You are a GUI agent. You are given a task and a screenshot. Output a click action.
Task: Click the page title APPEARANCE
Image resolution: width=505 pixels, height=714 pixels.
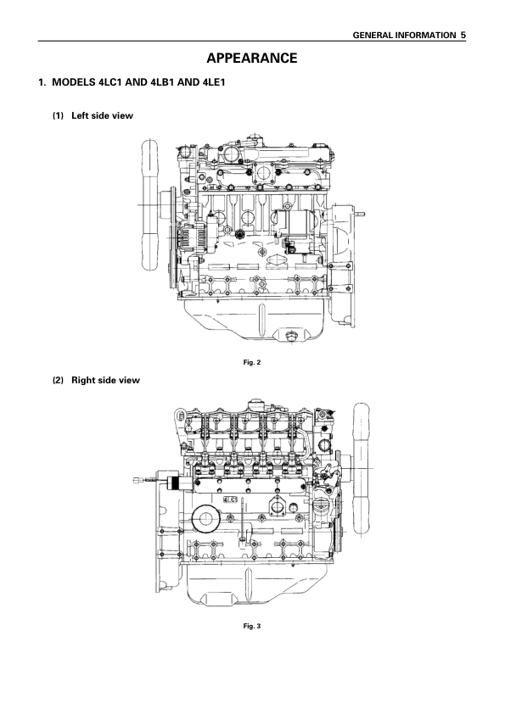tap(251, 59)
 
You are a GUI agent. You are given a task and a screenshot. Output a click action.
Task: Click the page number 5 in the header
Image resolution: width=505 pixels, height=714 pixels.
tap(463, 35)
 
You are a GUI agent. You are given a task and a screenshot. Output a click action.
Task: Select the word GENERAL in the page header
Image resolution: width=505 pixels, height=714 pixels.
tap(373, 35)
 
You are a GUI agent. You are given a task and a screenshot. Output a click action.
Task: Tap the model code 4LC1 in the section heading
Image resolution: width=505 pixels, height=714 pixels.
tap(109, 82)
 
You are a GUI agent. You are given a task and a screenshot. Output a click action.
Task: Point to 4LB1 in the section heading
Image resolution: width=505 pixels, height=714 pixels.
tap(161, 82)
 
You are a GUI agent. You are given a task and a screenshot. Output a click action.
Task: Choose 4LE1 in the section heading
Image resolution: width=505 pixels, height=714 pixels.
tap(213, 82)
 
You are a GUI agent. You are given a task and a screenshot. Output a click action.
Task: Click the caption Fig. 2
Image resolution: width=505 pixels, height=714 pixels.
tap(251, 362)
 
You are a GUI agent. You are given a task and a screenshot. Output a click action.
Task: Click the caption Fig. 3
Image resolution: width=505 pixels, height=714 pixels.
tap(251, 626)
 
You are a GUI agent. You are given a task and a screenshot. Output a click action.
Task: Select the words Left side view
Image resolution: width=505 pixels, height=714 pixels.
tap(102, 115)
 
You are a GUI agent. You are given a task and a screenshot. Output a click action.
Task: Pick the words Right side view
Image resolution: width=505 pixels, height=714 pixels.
tap(105, 380)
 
